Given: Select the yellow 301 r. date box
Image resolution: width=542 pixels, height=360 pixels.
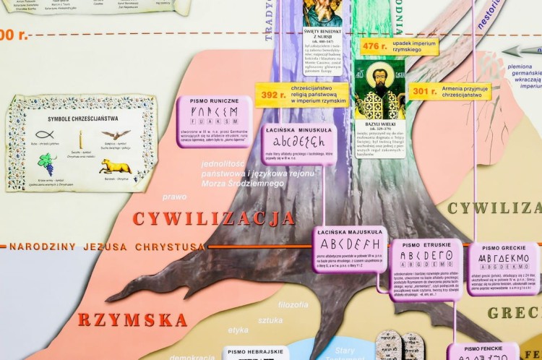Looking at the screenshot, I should [422, 91].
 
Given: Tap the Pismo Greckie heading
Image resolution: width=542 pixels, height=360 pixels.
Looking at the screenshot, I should [502, 247].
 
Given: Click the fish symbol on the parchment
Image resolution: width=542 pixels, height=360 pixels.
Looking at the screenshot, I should [44, 134].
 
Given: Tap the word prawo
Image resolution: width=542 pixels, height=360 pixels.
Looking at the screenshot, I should [174, 196].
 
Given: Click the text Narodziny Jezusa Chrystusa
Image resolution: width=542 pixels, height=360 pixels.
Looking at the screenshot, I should [107, 247].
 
